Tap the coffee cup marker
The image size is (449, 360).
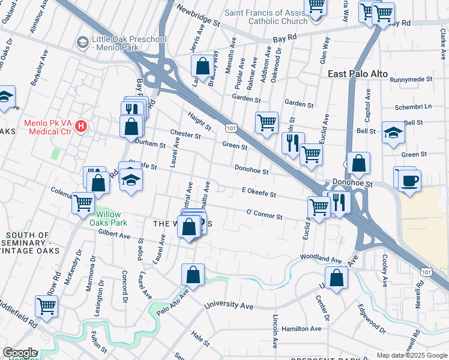click(x=409, y=181)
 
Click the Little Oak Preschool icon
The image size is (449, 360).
click(x=83, y=42)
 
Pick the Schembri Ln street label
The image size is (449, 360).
click(x=413, y=106)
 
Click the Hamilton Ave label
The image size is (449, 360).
click(x=305, y=329)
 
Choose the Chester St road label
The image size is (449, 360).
click(x=185, y=135)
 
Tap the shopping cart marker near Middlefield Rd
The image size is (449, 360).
click(x=46, y=306)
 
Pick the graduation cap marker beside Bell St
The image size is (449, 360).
click(x=394, y=133)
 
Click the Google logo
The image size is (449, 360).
click(x=20, y=353)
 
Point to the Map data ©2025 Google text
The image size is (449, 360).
click(x=411, y=355)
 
